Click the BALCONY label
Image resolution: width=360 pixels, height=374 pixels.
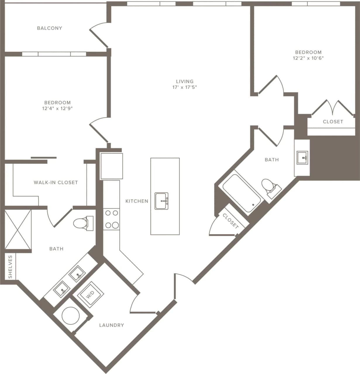pyautogui.click(x=49, y=28)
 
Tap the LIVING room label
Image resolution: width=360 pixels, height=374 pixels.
pyautogui.click(x=185, y=82)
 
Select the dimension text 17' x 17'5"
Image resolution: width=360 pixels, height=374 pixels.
pyautogui.click(x=185, y=87)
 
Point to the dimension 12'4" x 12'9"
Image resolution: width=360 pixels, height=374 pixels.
pyautogui.click(x=57, y=108)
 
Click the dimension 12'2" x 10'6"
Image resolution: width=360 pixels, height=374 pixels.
pyautogui.click(x=308, y=58)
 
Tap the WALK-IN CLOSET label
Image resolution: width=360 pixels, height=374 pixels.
pyautogui.click(x=56, y=183)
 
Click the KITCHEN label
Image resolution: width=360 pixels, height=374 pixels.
pyautogui.click(x=137, y=201)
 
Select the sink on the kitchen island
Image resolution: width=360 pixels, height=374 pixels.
pyautogui.click(x=161, y=201)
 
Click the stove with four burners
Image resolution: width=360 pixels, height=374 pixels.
pyautogui.click(x=111, y=219)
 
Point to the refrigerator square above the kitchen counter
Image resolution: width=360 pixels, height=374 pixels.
pyautogui.click(x=111, y=166)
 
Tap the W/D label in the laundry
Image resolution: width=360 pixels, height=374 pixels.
pyautogui.click(x=90, y=295)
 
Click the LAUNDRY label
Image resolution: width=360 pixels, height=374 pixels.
pyautogui.click(x=111, y=325)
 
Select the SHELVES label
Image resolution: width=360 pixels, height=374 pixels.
pyautogui.click(x=10, y=267)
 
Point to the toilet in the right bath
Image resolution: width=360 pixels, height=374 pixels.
pyautogui.click(x=269, y=186)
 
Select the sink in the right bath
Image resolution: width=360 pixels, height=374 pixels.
pyautogui.click(x=302, y=158)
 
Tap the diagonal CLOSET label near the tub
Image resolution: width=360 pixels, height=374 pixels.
pyautogui.click(x=230, y=221)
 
